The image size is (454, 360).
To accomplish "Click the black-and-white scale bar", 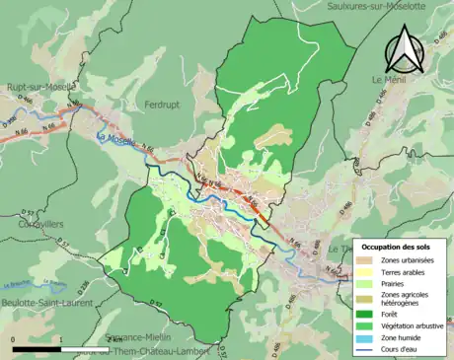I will (x=59, y=348).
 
